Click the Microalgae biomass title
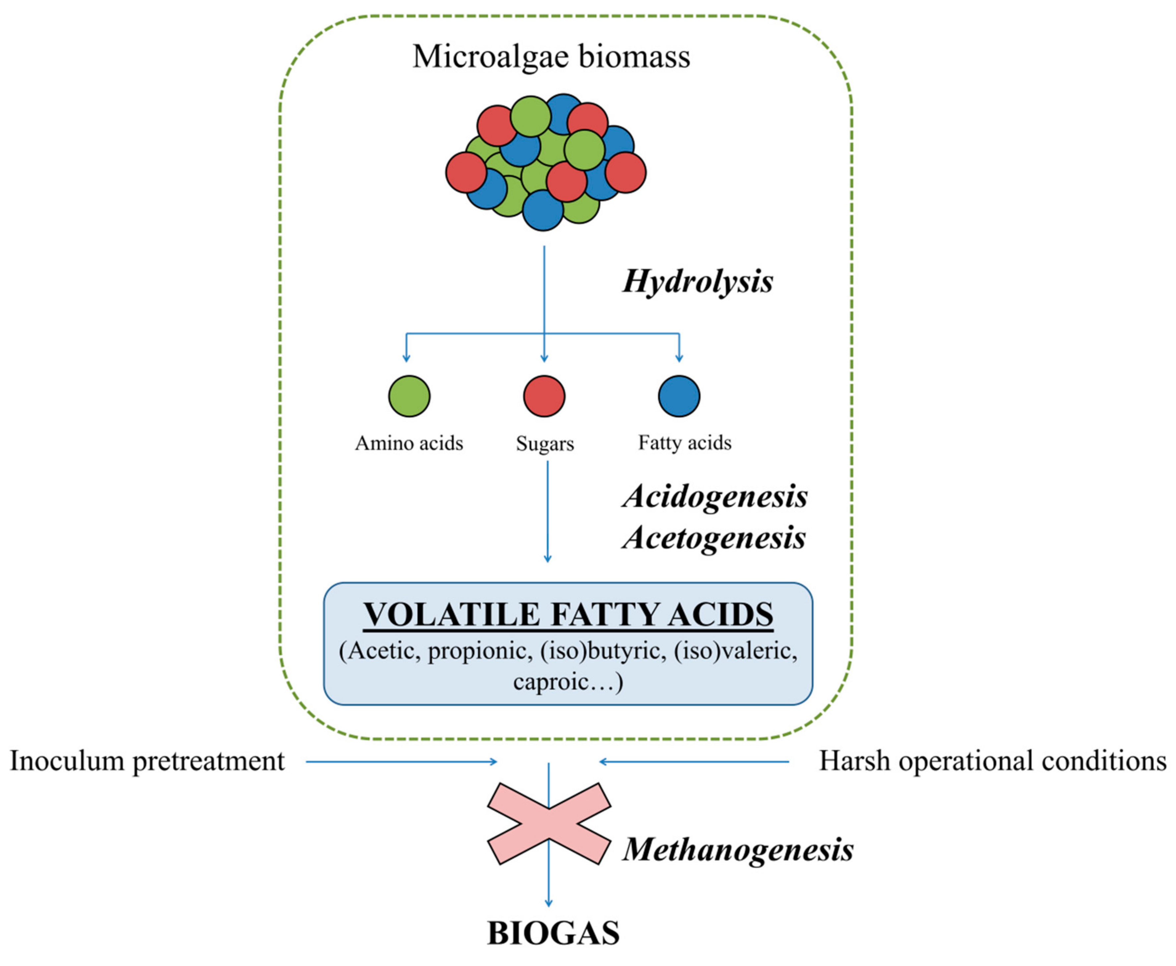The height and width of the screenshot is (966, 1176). (x=551, y=57)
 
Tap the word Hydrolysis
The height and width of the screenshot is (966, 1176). (x=697, y=281)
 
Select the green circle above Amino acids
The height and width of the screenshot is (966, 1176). (x=409, y=396)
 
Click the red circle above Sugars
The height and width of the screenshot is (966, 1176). (x=544, y=396)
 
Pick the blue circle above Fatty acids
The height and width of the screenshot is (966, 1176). (x=679, y=396)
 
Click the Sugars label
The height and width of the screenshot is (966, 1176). (x=545, y=444)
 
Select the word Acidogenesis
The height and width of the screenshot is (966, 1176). (x=714, y=496)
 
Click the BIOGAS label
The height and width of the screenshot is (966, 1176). (x=553, y=933)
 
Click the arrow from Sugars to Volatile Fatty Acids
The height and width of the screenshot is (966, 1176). (x=548, y=512)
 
